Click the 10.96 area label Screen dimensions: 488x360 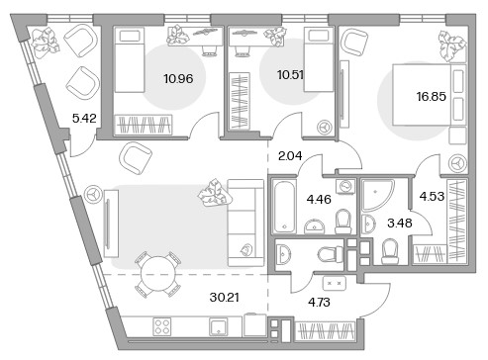[178, 79]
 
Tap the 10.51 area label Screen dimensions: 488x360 [290, 75]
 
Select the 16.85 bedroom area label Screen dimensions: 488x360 [431, 96]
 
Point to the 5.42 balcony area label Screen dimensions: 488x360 [84, 118]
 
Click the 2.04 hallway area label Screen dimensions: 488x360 [290, 155]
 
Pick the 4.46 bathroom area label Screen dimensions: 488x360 [319, 199]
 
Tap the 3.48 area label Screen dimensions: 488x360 [400, 224]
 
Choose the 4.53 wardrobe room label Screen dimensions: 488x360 [432, 196]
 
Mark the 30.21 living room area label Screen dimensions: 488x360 [225, 298]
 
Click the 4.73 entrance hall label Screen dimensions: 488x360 [319, 302]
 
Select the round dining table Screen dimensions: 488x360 [158, 274]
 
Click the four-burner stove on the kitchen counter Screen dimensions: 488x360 [162, 326]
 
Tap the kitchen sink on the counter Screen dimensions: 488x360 [219, 326]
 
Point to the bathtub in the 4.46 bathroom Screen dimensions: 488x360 [284, 206]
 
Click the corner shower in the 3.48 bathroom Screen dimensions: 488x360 [377, 195]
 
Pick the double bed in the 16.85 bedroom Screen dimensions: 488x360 [429, 95]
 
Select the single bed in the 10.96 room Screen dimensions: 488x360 [129, 59]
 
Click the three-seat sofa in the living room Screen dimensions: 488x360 [245, 223]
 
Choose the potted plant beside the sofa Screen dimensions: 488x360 [215, 194]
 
